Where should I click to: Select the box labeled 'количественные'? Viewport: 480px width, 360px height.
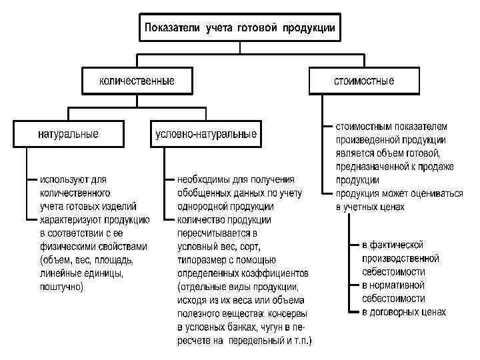click(x=137, y=81)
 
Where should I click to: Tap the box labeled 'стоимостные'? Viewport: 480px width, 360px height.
click(x=364, y=81)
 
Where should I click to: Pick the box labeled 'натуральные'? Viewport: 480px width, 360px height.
click(x=68, y=133)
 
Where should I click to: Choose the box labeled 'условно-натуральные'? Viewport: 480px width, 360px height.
click(x=205, y=133)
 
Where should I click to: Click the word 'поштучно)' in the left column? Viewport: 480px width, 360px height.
click(x=62, y=287)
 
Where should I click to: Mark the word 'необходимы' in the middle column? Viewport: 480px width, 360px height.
click(x=204, y=179)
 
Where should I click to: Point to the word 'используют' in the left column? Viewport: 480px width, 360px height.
click(x=63, y=179)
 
